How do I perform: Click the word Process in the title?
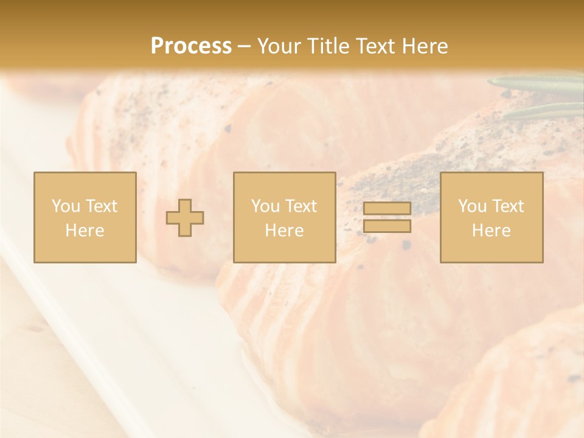click(191, 46)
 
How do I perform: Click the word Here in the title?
click(426, 46)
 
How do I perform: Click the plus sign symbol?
click(185, 218)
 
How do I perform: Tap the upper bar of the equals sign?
click(387, 208)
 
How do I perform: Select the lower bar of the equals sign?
click(387, 226)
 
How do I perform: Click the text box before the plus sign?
click(85, 218)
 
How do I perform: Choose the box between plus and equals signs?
click(285, 218)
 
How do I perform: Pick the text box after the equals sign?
click(492, 218)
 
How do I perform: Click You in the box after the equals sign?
click(471, 206)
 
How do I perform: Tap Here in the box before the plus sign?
click(85, 231)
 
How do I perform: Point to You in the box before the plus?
click(65, 206)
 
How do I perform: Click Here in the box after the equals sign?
click(491, 231)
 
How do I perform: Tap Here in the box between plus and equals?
click(284, 231)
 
